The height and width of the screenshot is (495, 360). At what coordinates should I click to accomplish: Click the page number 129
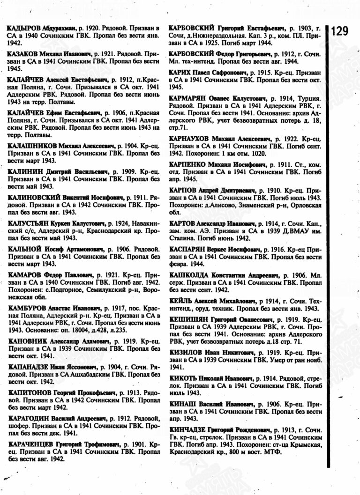click(x=341, y=31)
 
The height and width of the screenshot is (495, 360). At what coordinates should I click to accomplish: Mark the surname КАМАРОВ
click(x=23, y=275)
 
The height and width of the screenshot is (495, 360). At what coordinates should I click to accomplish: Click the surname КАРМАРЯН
click(x=187, y=99)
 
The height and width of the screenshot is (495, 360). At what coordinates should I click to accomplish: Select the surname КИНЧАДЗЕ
click(x=187, y=430)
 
